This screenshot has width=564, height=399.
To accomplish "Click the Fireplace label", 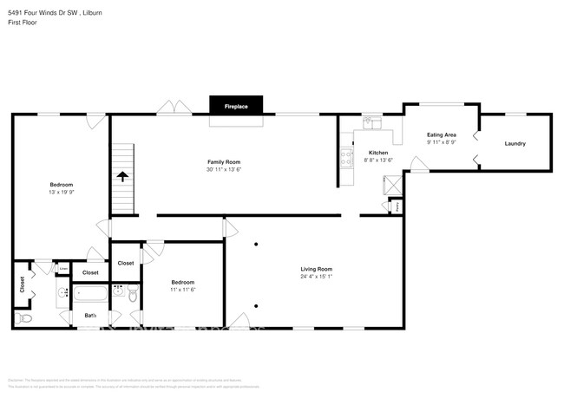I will (236, 107).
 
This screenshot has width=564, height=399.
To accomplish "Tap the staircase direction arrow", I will (122, 176).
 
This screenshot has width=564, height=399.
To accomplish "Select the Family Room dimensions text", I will (223, 169).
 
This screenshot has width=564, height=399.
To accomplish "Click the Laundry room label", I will (515, 143).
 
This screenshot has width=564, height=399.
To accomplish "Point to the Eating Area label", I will (442, 135).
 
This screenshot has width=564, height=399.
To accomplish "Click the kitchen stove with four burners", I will (346, 158).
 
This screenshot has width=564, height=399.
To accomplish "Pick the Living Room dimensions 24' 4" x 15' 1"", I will (316, 277).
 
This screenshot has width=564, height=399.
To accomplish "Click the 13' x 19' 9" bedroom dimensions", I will (61, 192).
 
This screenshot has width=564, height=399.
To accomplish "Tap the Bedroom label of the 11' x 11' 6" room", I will (182, 282).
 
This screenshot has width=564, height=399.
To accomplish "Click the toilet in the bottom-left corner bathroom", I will (25, 318).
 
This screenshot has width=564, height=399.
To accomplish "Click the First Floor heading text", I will (22, 23).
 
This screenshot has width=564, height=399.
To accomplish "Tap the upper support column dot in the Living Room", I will (256, 245).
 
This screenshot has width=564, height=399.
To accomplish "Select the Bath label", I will (90, 315).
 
